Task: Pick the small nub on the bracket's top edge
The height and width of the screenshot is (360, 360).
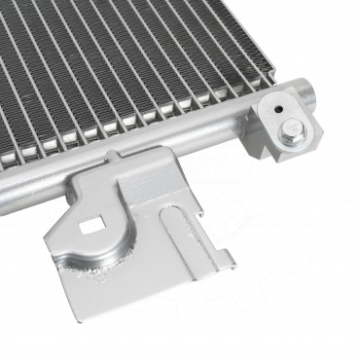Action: click(117, 156)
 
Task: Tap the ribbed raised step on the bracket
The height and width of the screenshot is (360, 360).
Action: click(146, 190)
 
